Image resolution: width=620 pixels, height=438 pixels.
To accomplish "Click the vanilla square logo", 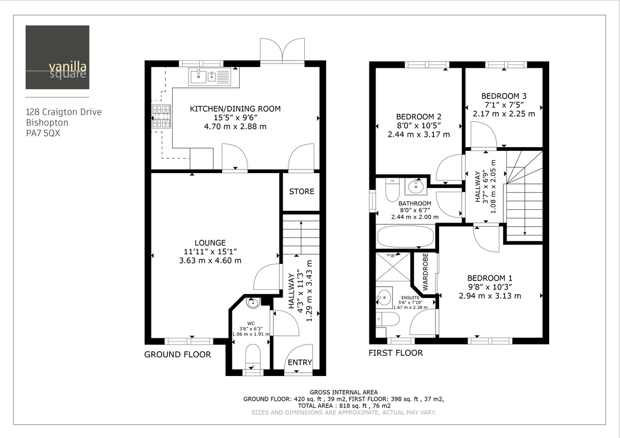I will tap(57, 57).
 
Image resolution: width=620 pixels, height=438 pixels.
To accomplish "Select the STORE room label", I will tap(302, 192).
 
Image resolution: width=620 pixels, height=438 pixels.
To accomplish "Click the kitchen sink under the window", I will tap(210, 77).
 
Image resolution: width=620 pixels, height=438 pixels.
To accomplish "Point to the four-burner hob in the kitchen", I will tap(161, 116).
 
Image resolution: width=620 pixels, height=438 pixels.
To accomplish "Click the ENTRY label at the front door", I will tap(300, 363).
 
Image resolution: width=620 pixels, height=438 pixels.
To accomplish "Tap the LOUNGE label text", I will tap(210, 243).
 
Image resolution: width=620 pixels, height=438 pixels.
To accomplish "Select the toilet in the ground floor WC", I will tap(253, 356).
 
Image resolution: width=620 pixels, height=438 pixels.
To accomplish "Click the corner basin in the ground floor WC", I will tap(253, 303).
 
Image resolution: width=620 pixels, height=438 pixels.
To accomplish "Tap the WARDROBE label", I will tap(426, 271).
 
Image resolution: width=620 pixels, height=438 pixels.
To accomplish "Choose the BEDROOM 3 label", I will tap(504, 96).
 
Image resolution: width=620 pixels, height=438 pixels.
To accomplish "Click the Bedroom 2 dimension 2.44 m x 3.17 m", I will tap(419, 134).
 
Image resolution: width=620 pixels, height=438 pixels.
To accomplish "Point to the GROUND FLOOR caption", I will tap(177, 354).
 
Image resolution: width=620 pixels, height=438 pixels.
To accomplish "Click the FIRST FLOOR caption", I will tap(396, 353).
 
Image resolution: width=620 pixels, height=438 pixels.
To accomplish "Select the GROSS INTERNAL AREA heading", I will tap(344, 392).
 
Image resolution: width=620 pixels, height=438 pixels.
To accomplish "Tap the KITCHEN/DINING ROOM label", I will tap(235, 109).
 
